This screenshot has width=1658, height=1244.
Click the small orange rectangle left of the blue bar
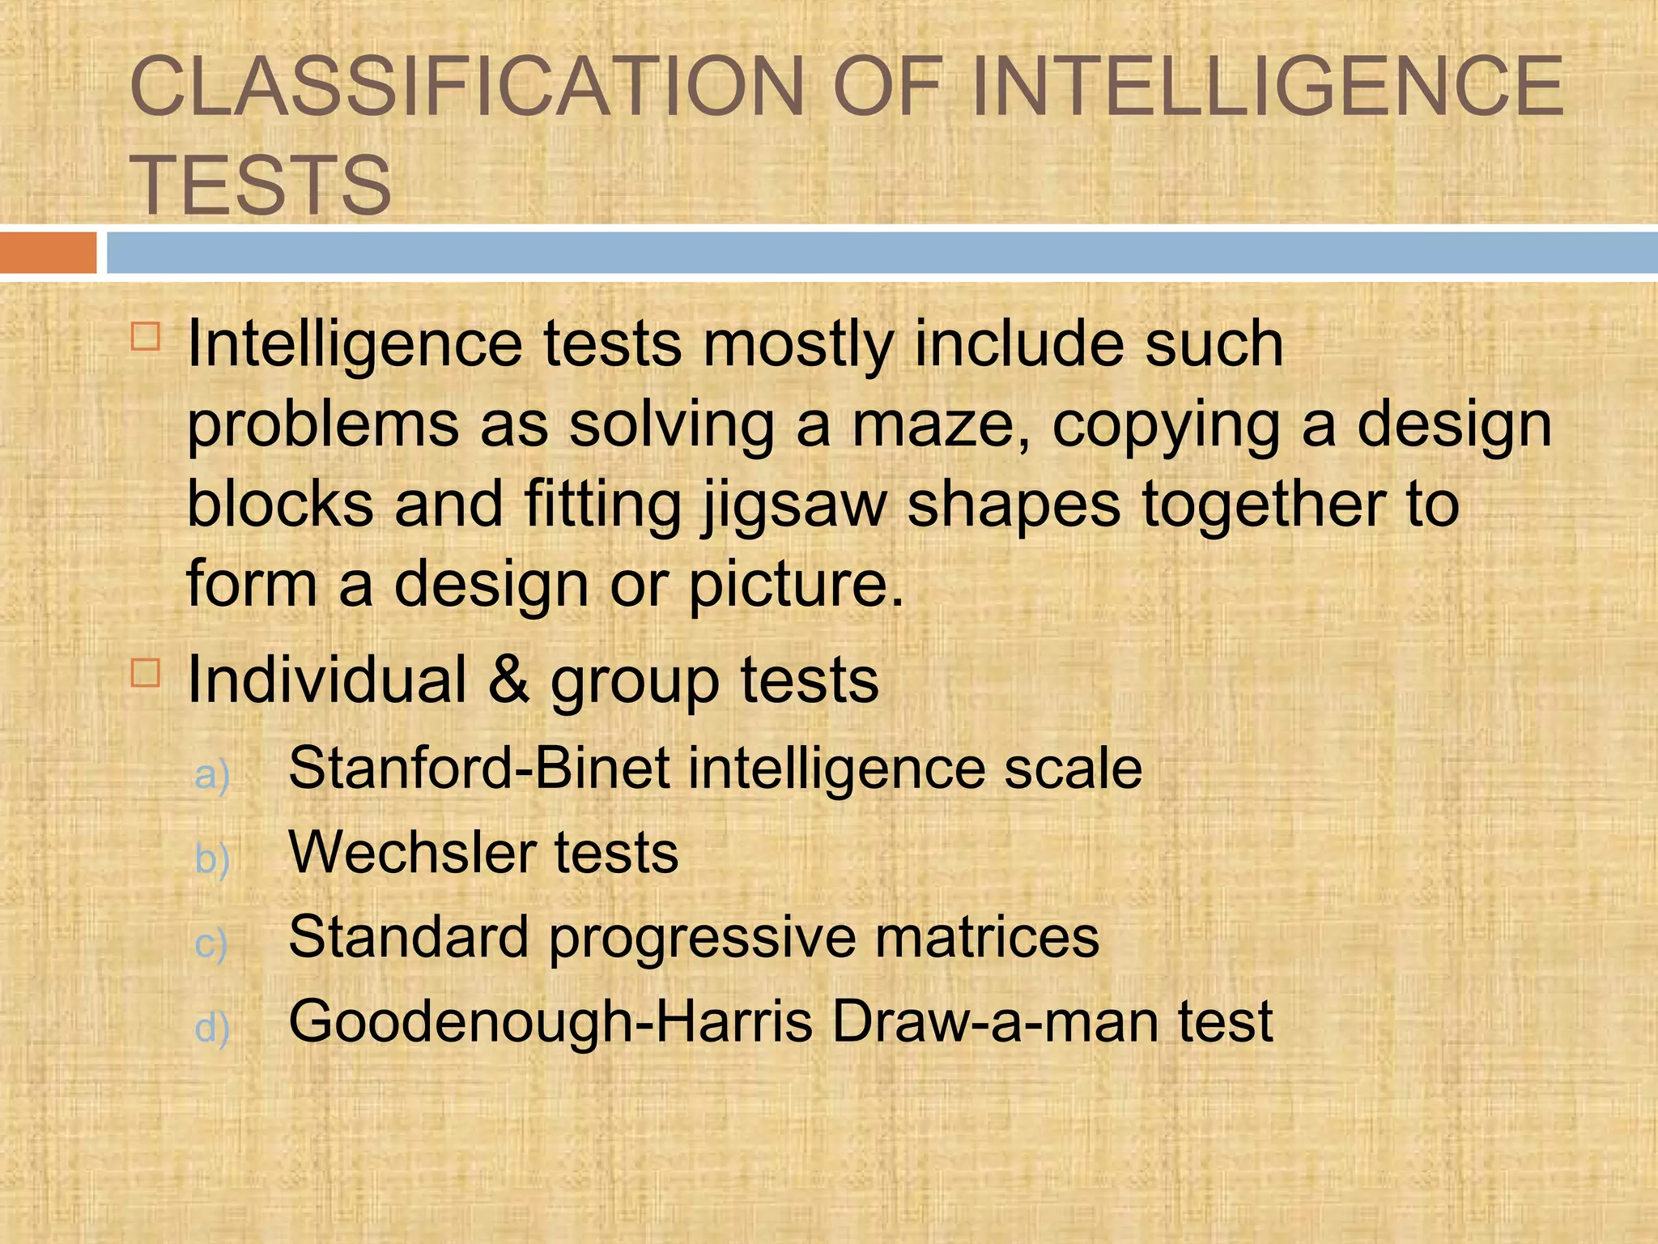click(48, 253)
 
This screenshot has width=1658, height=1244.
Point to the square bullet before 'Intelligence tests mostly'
click(146, 335)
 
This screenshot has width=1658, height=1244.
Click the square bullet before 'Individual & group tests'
click(146, 672)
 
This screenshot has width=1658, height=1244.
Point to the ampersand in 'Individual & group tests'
click(509, 679)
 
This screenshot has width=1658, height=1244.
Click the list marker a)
click(212, 774)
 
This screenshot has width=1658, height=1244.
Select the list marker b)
click(212, 858)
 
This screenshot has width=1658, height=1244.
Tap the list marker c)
click(211, 944)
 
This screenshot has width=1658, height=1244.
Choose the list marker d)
click(212, 1027)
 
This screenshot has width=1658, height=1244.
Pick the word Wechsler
click(412, 853)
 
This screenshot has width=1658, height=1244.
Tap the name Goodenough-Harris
click(551, 1021)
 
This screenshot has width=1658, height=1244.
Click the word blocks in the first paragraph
click(280, 504)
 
